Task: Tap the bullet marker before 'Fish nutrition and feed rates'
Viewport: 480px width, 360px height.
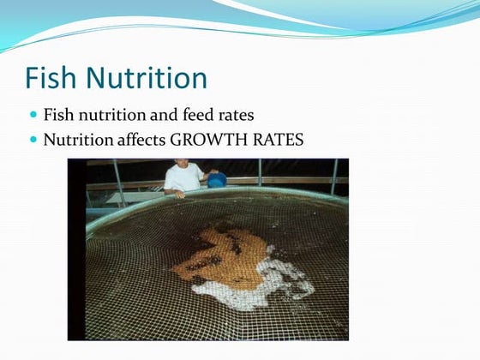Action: coord(34,113)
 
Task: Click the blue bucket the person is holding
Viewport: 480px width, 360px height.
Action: coord(217,179)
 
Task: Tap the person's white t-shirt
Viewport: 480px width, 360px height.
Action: coord(183,177)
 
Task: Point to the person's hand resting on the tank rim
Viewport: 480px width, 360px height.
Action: coord(178,194)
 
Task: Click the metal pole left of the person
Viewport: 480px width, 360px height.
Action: coord(119,180)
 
